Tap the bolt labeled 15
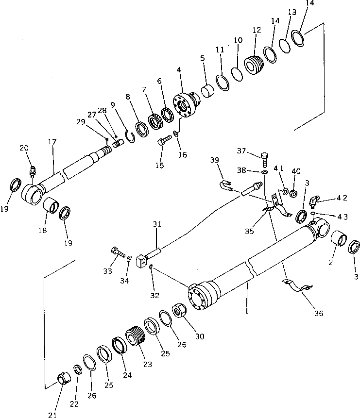(164, 142)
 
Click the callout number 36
(318, 314)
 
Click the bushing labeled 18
(50, 209)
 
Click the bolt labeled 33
(117, 253)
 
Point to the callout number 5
(202, 58)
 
